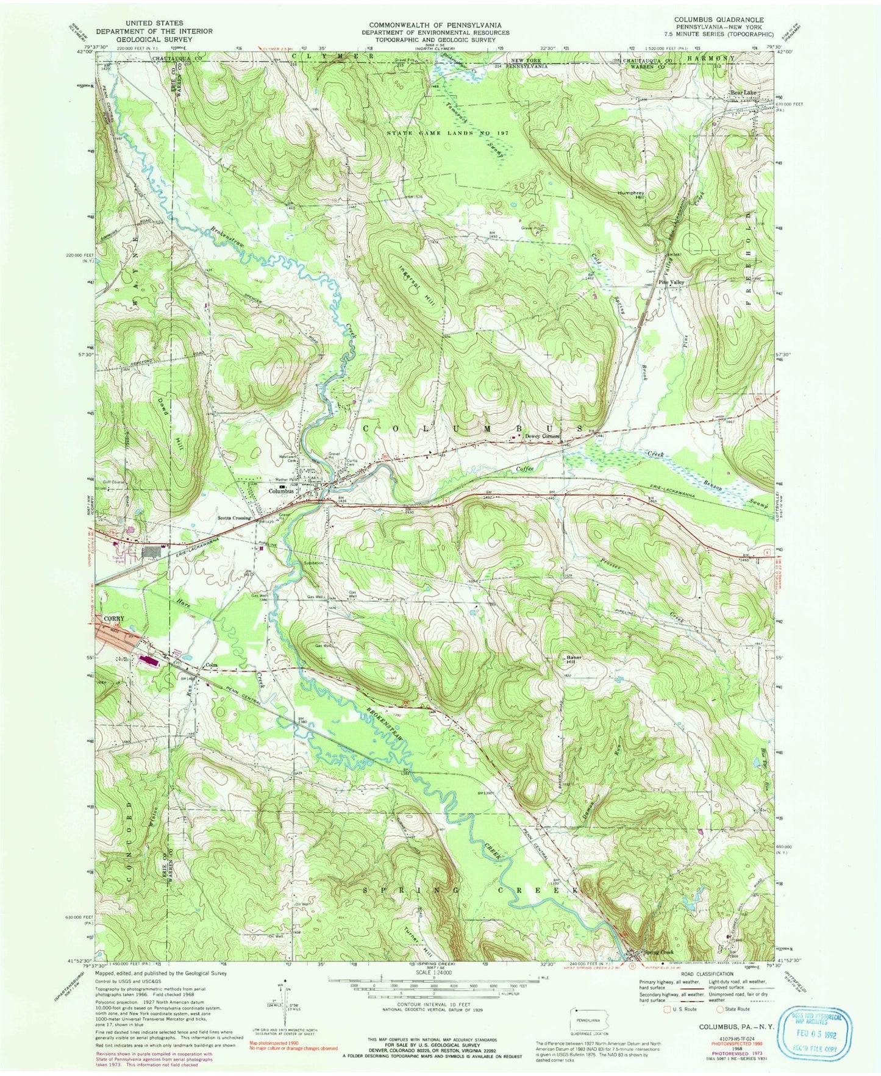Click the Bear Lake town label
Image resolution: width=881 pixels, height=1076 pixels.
coord(743,92)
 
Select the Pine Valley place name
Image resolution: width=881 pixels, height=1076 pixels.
coord(670,283)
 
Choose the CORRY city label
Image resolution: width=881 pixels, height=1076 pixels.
coord(113,618)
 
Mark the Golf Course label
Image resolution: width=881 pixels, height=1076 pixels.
coord(114,482)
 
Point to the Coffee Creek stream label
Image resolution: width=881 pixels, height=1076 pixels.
coord(525,468)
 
